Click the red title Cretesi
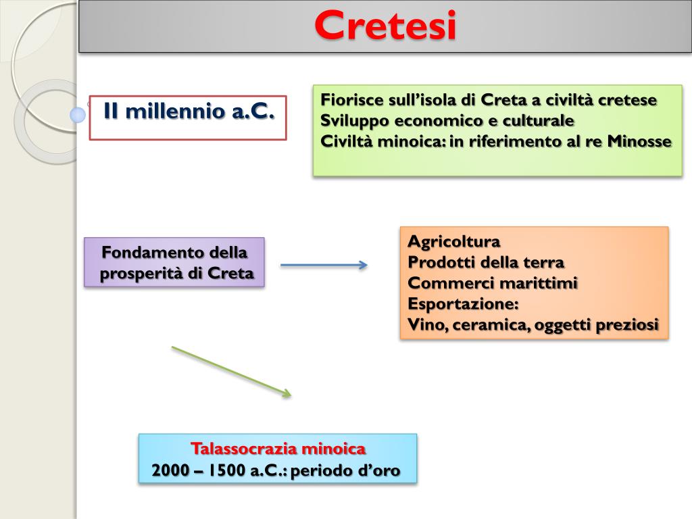coord(385,26)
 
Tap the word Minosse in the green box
coord(639,141)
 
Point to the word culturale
coord(540,121)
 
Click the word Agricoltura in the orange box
coord(454,241)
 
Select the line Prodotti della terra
coord(486,262)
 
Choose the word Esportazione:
coord(463,304)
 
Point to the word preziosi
coord(626,325)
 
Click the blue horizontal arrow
coord(324,265)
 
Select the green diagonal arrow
coord(231,371)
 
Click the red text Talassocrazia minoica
coord(278,449)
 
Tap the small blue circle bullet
coord(78,115)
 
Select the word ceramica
coord(491,325)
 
